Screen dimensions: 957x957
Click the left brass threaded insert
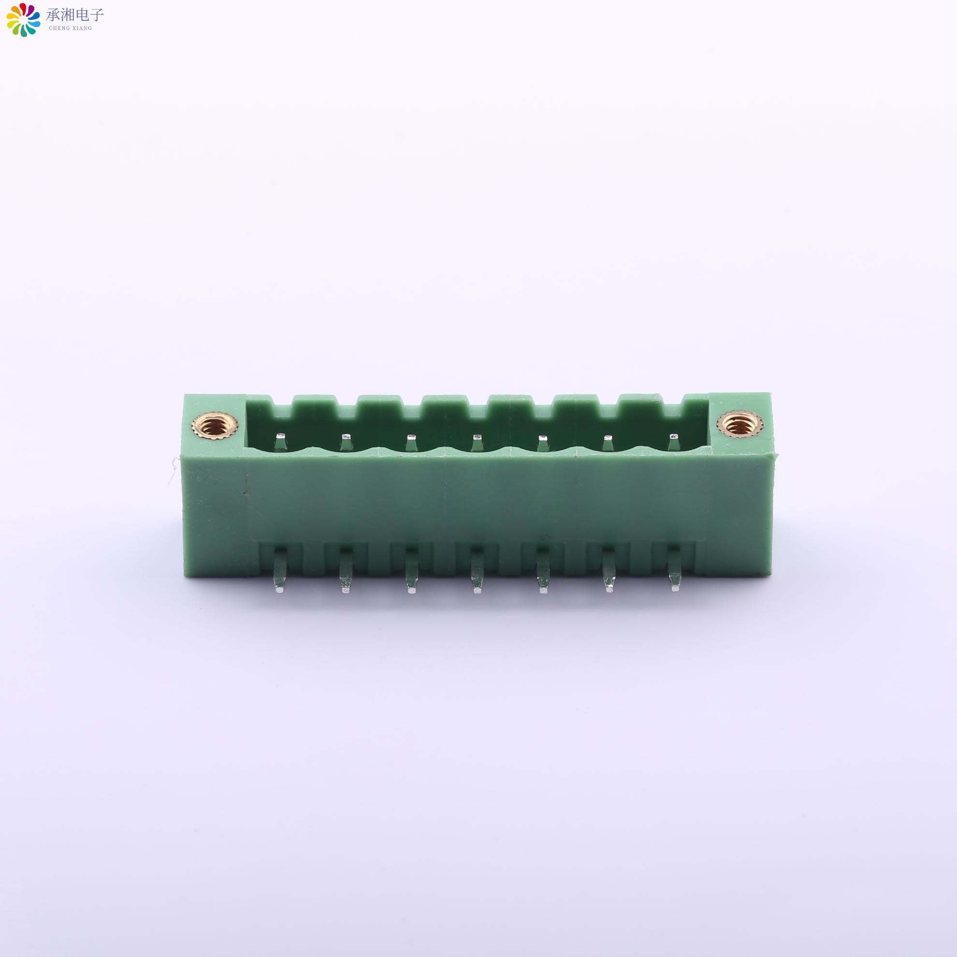coord(215,424)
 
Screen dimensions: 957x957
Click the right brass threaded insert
coord(739,424)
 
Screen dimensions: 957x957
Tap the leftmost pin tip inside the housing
coord(281,437)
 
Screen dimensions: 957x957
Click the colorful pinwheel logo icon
coord(23,20)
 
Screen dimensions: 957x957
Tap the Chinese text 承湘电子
coord(75,15)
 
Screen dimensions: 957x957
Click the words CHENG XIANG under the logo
coord(71,28)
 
